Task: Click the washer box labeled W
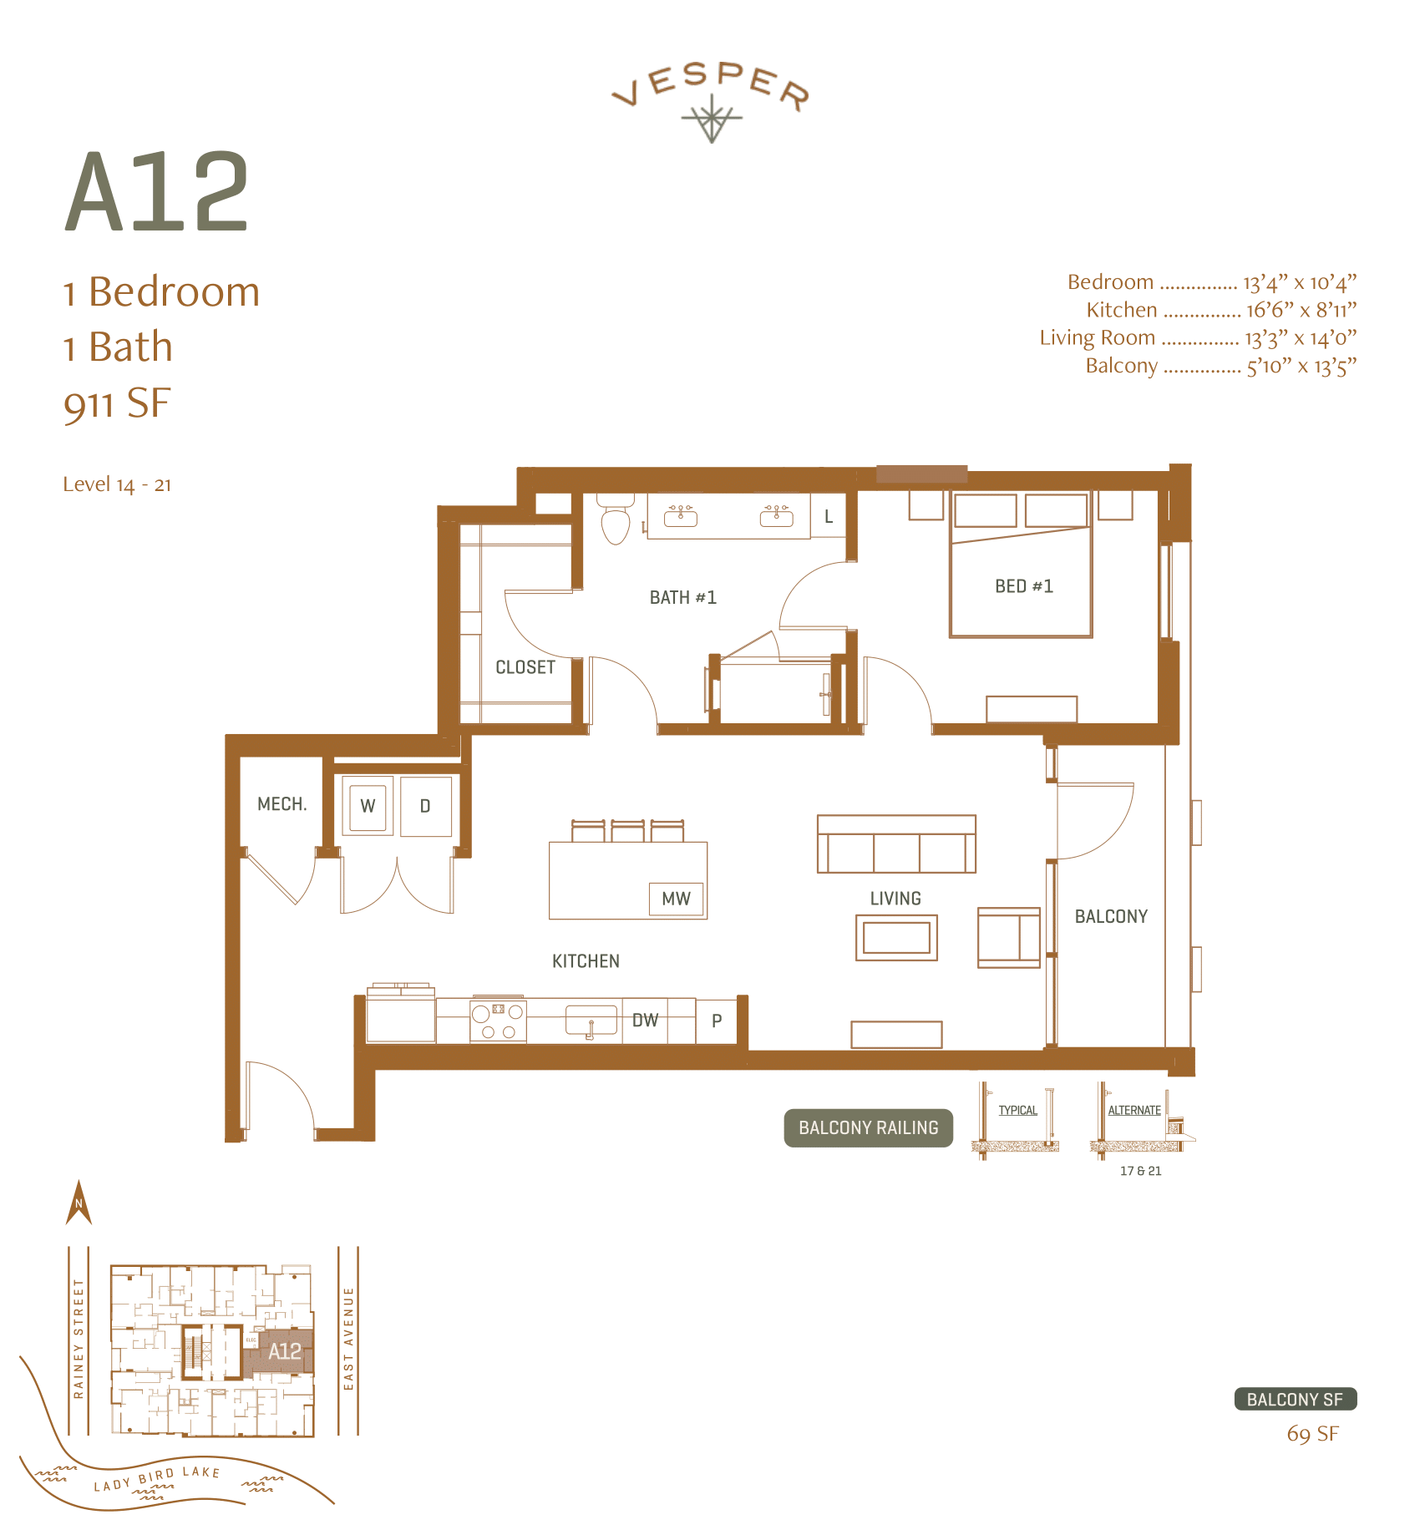pos(368,806)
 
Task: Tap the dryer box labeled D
pos(425,806)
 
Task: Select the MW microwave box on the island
pos(677,899)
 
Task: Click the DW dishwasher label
pos(645,1020)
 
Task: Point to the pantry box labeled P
pos(717,1021)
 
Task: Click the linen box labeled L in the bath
pos(829,516)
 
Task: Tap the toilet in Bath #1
pos(616,523)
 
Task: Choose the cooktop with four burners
pos(498,1021)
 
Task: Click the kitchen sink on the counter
pos(591,1021)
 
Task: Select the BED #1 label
pos(1023,586)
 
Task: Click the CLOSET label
pos(525,667)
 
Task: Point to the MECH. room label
pos(281,804)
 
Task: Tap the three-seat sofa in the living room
pos(896,845)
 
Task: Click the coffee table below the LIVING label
pos(896,938)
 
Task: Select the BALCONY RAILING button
pos(868,1127)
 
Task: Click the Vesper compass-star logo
pos(711,119)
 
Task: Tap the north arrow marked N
pos(79,1203)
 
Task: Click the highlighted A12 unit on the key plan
pos(284,1351)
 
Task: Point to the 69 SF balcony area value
pos(1312,1435)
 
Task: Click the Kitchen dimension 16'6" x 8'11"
pos(1301,310)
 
